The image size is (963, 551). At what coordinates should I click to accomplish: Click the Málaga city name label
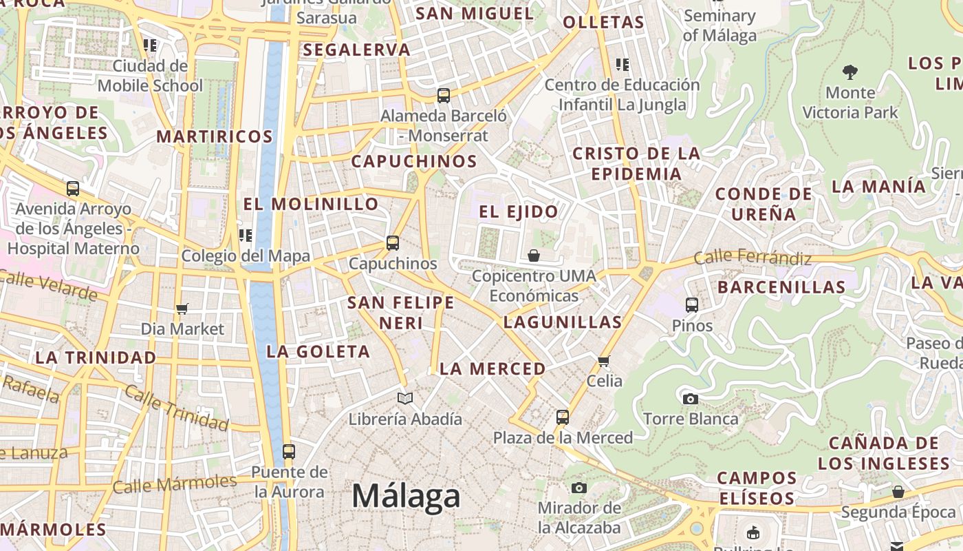pyautogui.click(x=406, y=497)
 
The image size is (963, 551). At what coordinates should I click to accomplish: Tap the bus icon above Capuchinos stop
pyautogui.click(x=393, y=243)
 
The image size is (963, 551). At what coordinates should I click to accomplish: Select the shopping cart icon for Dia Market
pyautogui.click(x=182, y=309)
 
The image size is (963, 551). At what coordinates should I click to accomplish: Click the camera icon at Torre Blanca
pyautogui.click(x=691, y=399)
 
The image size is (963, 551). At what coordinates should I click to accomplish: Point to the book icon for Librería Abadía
pyautogui.click(x=405, y=398)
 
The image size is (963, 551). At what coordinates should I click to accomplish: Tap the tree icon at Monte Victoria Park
pyautogui.click(x=850, y=72)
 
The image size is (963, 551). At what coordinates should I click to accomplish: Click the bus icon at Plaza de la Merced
pyautogui.click(x=563, y=417)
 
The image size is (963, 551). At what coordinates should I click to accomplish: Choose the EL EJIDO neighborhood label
pyautogui.click(x=519, y=211)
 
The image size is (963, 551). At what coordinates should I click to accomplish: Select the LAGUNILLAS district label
pyautogui.click(x=563, y=322)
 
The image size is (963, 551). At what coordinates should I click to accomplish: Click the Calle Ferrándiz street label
pyautogui.click(x=753, y=258)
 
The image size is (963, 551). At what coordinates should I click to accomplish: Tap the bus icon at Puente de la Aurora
pyautogui.click(x=289, y=452)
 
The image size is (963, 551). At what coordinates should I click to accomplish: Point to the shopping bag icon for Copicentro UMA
pyautogui.click(x=534, y=256)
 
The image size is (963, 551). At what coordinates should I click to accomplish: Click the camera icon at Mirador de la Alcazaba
pyautogui.click(x=579, y=488)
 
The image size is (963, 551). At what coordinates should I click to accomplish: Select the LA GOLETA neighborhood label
pyautogui.click(x=318, y=351)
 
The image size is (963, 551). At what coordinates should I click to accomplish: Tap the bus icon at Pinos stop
pyautogui.click(x=692, y=304)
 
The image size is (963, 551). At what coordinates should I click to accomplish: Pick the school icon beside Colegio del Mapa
pyautogui.click(x=246, y=236)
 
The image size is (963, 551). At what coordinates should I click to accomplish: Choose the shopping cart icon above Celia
pyautogui.click(x=604, y=361)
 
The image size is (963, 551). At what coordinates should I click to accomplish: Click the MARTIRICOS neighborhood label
pyautogui.click(x=215, y=136)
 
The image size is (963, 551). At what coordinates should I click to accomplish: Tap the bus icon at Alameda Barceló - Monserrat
pyautogui.click(x=444, y=96)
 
